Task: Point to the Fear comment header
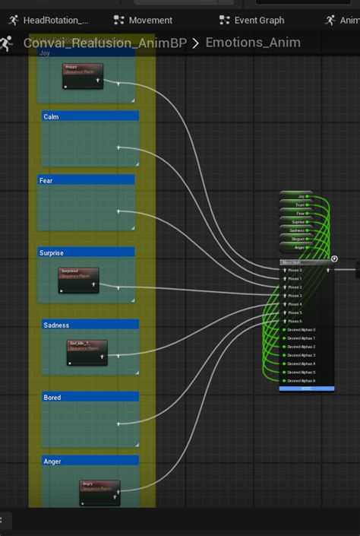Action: click(86, 180)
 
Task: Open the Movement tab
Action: click(144, 20)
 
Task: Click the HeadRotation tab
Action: click(49, 20)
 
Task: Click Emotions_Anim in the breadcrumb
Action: click(253, 43)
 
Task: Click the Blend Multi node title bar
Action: click(304, 261)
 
